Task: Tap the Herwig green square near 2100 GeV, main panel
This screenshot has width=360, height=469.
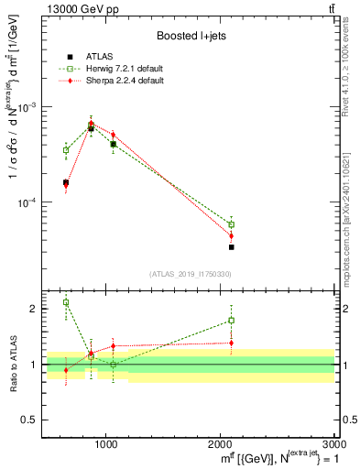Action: pos(232,224)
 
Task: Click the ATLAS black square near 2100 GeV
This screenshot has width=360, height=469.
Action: pos(232,247)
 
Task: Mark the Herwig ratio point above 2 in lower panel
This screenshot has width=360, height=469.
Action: pos(66,301)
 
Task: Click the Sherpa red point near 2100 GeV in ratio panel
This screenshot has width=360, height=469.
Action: pos(232,343)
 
